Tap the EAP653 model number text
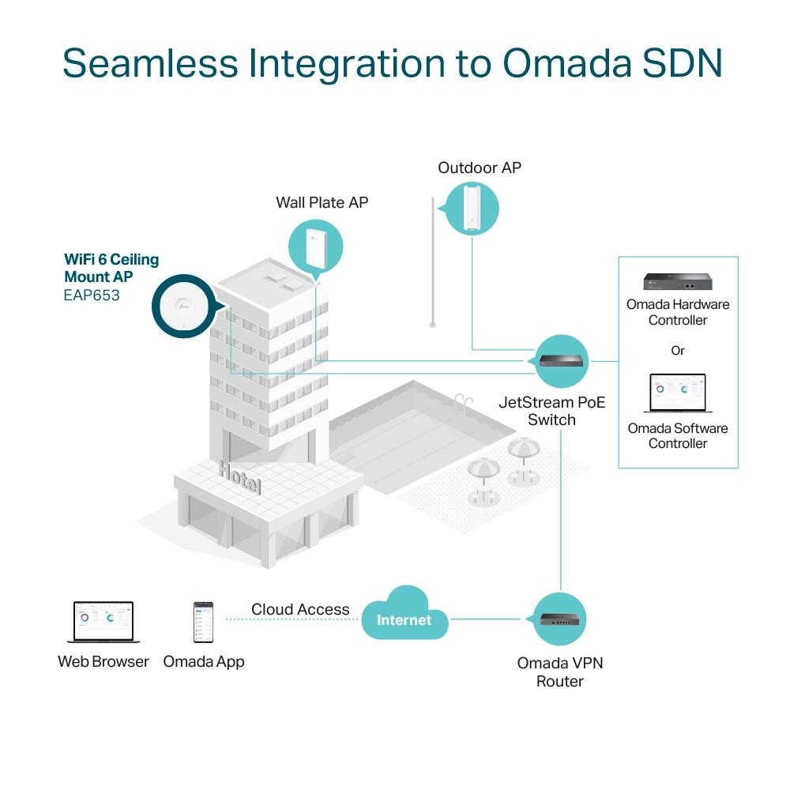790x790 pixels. [92, 296]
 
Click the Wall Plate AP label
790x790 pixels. [322, 203]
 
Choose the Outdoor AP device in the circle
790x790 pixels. [472, 207]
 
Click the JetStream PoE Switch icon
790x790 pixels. [562, 361]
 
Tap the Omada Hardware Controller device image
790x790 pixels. [677, 282]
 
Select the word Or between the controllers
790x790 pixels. [678, 350]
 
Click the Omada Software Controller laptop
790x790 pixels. [677, 393]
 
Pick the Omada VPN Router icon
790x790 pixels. [560, 619]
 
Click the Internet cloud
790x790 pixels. [404, 617]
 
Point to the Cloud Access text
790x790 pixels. [300, 609]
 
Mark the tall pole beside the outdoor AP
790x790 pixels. [432, 261]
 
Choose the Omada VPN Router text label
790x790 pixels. [560, 671]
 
